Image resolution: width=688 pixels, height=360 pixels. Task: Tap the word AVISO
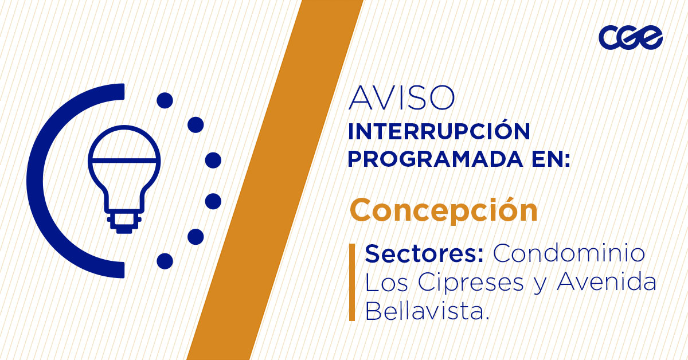pos(401,99)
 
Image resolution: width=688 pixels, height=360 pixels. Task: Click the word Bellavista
pos(427,311)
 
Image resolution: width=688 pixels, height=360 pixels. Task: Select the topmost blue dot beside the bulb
pos(165,100)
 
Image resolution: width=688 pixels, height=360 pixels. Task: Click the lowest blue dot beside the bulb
pos(165,261)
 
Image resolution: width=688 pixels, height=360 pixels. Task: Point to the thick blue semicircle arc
pos(43,181)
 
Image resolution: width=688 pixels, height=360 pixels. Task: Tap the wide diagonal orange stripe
pos(269,183)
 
